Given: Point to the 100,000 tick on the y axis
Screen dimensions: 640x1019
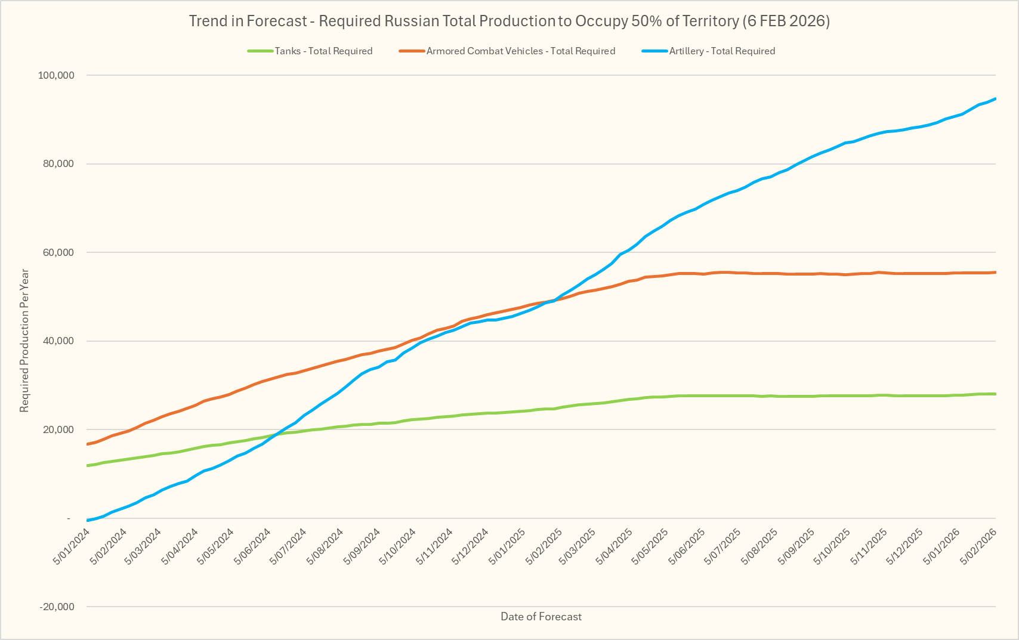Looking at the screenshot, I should click(56, 75).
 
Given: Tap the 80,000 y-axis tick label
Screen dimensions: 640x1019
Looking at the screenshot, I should click(58, 164).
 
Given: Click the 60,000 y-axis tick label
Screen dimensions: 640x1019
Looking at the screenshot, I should click(58, 252).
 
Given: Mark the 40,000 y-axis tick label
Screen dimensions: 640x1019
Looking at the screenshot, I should click(58, 341).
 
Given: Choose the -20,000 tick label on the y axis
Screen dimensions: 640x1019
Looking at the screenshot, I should click(57, 607).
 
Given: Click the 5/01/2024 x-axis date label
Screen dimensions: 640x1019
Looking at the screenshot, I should click(72, 546).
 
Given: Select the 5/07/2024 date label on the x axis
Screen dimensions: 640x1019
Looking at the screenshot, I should click(289, 546).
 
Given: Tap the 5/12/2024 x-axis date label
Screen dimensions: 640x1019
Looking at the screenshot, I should click(471, 546).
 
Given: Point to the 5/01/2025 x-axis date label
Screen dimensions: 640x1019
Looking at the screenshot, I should click(508, 546).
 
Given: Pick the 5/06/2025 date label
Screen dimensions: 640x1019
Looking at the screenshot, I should click(688, 546).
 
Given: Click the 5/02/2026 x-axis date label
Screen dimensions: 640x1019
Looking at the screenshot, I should click(978, 546).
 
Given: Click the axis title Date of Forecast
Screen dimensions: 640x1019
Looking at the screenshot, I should click(541, 617).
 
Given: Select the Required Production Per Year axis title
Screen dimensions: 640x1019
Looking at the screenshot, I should click(24, 341).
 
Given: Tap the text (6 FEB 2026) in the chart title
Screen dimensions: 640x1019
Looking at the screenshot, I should click(786, 21).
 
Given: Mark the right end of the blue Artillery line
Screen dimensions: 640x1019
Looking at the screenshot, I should click(995, 99).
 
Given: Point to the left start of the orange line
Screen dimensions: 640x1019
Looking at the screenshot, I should click(88, 444).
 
